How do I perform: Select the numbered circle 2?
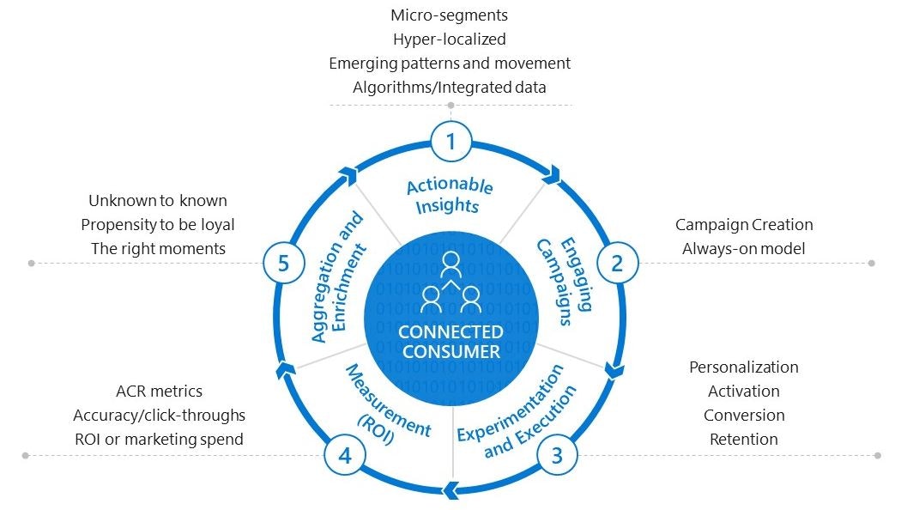point(616,263)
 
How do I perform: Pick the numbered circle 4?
point(345,455)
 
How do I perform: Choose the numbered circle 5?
point(284,263)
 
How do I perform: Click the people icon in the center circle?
point(450,282)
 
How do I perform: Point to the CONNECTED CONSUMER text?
point(450,342)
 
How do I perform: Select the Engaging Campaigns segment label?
point(565,282)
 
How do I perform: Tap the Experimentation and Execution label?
point(516,411)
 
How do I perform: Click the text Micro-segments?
point(450,15)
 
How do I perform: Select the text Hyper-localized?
point(450,39)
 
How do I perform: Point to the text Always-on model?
point(744,249)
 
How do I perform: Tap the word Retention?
point(744,440)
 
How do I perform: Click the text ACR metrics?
point(159,392)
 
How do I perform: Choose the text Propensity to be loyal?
point(158,225)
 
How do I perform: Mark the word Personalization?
point(744,367)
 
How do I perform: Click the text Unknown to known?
point(158,201)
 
